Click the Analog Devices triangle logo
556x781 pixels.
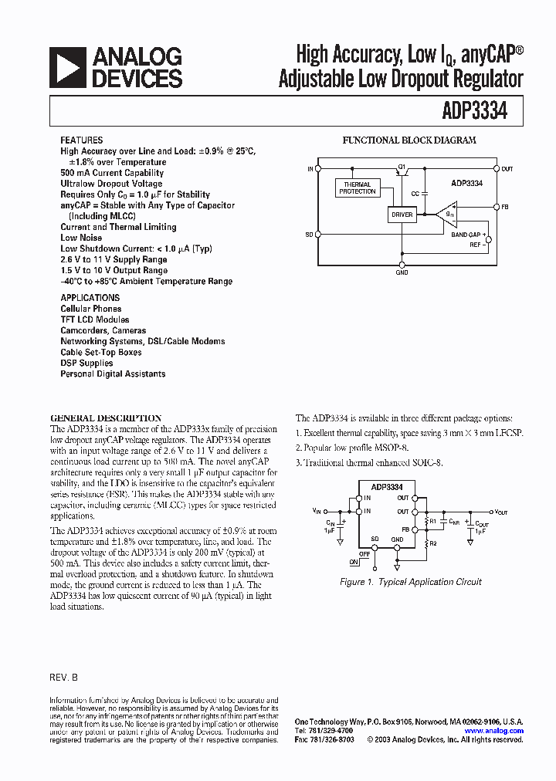click(x=68, y=67)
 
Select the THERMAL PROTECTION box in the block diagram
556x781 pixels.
click(x=358, y=188)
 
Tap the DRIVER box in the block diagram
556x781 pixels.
click(x=402, y=215)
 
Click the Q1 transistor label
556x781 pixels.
click(x=402, y=165)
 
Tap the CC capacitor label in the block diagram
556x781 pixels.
click(x=415, y=194)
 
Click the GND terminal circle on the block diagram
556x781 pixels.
click(x=402, y=264)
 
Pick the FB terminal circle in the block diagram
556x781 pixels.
click(x=496, y=207)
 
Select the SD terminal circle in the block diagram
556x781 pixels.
click(x=318, y=234)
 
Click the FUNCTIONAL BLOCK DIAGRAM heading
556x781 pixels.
click(x=409, y=140)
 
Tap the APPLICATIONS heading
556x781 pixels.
click(x=90, y=298)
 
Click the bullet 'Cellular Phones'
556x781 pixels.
click(x=91, y=309)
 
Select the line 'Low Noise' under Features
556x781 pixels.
click(x=81, y=238)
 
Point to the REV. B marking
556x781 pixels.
click(x=64, y=676)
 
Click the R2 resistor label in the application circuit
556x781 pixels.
click(x=433, y=543)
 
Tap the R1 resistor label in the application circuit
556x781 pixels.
click(x=433, y=522)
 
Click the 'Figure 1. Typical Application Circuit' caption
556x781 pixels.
click(x=411, y=582)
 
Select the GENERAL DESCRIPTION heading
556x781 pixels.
click(x=106, y=418)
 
